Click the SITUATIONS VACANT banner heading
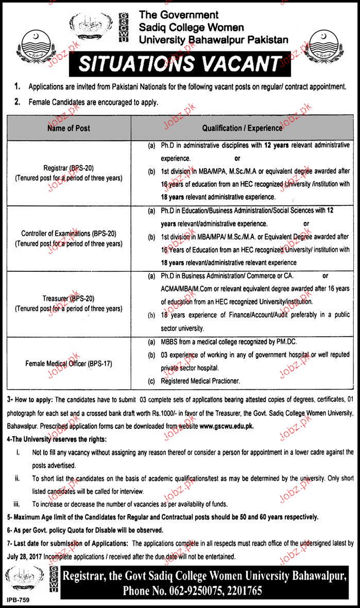(179, 64)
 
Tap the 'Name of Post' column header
(68, 128)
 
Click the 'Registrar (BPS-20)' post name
(68, 167)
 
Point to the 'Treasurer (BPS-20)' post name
(68, 298)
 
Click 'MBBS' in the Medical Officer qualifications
(170, 341)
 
